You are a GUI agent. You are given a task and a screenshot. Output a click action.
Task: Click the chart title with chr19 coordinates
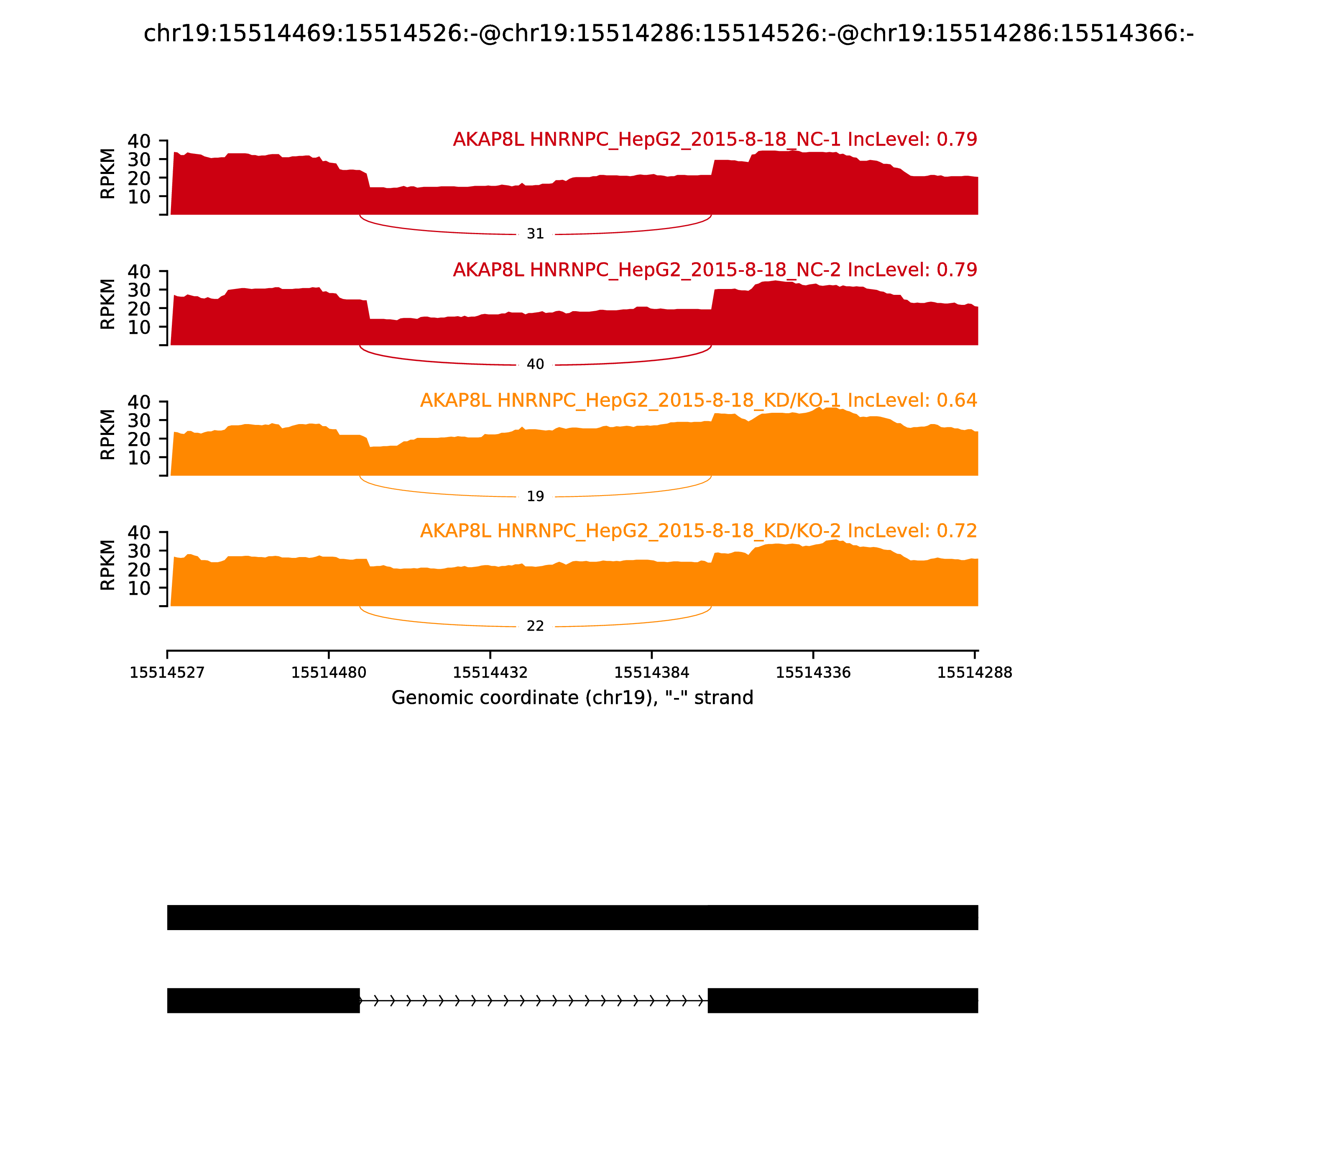point(668,33)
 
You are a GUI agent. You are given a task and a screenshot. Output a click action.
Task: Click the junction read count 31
point(535,234)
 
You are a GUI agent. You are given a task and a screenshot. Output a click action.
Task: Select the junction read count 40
point(535,365)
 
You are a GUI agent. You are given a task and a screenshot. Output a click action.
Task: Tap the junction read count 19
point(535,497)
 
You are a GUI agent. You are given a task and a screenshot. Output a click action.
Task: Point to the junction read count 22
point(535,626)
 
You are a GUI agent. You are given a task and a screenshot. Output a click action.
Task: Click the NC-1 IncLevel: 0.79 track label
point(715,139)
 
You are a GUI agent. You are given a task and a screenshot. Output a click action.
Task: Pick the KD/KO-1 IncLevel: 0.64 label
point(698,401)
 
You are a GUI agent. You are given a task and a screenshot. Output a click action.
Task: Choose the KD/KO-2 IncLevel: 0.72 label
point(698,531)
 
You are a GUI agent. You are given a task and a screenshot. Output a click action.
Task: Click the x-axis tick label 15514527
point(167,673)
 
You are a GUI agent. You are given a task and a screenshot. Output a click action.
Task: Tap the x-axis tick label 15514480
point(329,673)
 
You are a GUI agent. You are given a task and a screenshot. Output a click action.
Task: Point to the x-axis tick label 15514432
point(490,673)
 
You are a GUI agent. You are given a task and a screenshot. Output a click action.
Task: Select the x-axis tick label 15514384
point(651,673)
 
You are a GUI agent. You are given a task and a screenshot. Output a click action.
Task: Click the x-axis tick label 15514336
point(813,673)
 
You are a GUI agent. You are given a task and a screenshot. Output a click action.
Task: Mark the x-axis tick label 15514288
point(974,673)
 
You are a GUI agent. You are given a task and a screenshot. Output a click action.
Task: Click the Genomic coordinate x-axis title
point(572,698)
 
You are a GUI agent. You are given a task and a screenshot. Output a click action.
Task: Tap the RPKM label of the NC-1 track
point(108,174)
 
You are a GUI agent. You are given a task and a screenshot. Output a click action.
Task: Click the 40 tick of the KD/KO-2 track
point(139,532)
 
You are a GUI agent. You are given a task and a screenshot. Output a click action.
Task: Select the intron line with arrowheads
point(533,1000)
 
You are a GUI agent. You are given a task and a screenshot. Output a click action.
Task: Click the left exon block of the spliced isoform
point(263,1000)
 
